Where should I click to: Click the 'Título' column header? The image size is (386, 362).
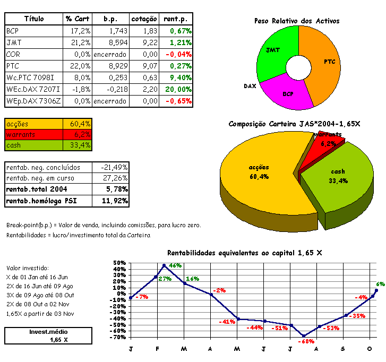(x=33, y=19)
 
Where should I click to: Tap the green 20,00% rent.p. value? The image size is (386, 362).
(x=178, y=89)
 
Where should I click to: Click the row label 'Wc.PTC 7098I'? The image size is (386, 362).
(x=30, y=77)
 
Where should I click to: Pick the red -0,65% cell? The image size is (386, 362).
(x=178, y=101)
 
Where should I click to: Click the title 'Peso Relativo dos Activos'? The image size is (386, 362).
(x=297, y=21)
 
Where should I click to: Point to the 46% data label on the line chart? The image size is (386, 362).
(x=175, y=265)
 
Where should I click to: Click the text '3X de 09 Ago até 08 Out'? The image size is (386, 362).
(x=40, y=295)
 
